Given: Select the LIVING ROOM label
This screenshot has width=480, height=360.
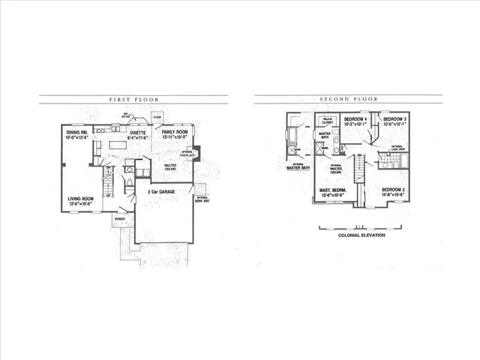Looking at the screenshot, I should (x=81, y=199).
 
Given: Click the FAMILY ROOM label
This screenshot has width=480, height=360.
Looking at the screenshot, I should (x=174, y=132).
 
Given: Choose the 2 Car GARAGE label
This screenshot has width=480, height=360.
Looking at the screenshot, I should (x=162, y=192).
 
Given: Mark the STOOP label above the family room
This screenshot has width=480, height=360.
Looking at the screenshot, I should (x=157, y=117).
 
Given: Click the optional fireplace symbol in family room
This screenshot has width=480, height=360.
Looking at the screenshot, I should (x=196, y=154).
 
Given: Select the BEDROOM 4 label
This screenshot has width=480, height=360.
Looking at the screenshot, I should (x=355, y=119).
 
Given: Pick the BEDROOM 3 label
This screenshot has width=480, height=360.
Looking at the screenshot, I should (x=394, y=119).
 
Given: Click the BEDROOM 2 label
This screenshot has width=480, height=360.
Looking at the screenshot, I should (x=394, y=189).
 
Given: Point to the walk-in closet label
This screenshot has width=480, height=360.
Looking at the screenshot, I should (x=327, y=121).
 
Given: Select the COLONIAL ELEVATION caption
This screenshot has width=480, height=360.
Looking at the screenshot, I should (x=361, y=235).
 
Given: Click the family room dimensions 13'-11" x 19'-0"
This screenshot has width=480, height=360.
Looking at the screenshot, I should (x=174, y=138).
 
